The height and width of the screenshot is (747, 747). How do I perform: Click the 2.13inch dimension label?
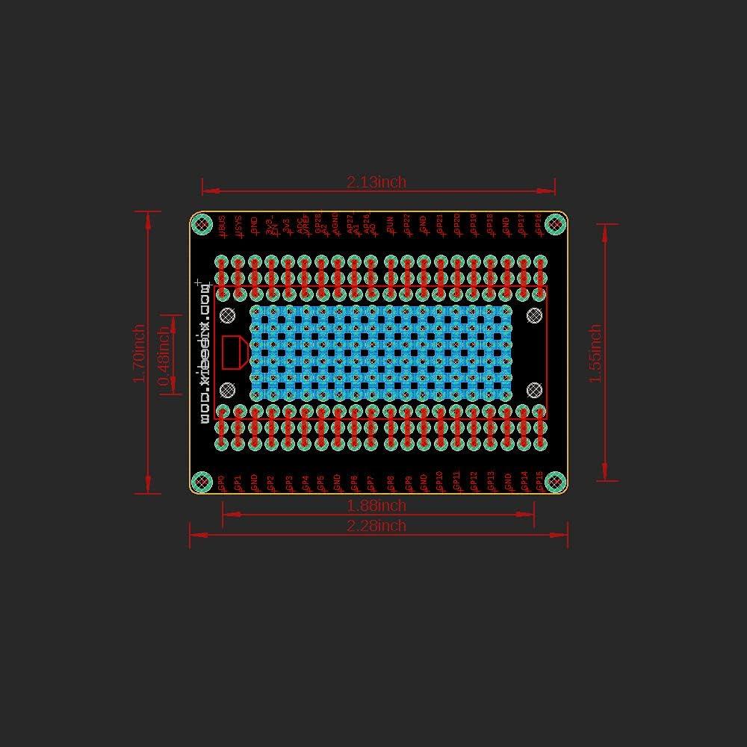click(376, 182)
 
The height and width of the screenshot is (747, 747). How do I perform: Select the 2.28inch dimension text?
click(376, 526)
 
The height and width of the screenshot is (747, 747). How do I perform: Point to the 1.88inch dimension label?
click(376, 506)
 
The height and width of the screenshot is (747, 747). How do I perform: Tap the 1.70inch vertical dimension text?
click(139, 353)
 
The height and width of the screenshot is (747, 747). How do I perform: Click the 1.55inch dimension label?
click(595, 353)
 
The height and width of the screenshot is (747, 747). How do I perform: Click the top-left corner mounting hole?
click(201, 223)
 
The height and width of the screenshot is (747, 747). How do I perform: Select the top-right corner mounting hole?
click(555, 223)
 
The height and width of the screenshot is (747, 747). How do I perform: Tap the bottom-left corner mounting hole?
click(201, 482)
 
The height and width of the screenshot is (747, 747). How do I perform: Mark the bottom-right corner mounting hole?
click(555, 482)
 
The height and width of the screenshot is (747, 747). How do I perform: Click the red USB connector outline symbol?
click(235, 353)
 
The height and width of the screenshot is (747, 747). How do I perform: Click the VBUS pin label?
click(222, 226)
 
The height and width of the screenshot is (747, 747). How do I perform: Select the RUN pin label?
click(389, 225)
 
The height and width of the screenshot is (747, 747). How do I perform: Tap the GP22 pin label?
click(406, 225)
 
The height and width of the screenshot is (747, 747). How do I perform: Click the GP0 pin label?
click(222, 482)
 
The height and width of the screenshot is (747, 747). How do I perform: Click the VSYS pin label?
click(238, 226)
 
